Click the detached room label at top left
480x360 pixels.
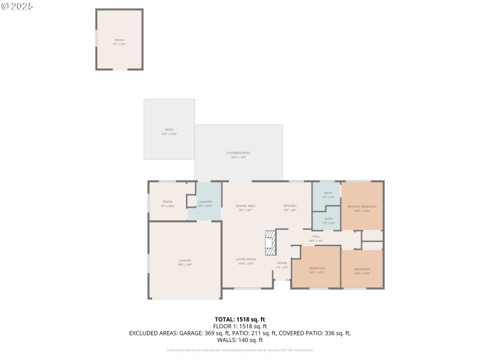pos(119,41)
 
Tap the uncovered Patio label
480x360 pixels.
pos(169,131)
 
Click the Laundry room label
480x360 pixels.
pos(205,203)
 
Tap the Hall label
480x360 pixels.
pos(316,238)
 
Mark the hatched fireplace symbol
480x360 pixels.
pos(271,242)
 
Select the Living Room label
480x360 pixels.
pos(246,261)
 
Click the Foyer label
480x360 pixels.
pos(281,265)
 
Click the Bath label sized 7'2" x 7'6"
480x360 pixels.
pos(328,194)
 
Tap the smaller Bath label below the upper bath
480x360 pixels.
pos(328,220)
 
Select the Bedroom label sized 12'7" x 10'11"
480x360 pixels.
pos(317,270)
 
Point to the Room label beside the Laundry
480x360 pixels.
pos(167,203)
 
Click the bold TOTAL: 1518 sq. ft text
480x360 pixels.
pos(239,319)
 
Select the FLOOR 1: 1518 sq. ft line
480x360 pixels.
pos(239,326)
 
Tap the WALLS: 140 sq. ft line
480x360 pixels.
pos(239,340)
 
